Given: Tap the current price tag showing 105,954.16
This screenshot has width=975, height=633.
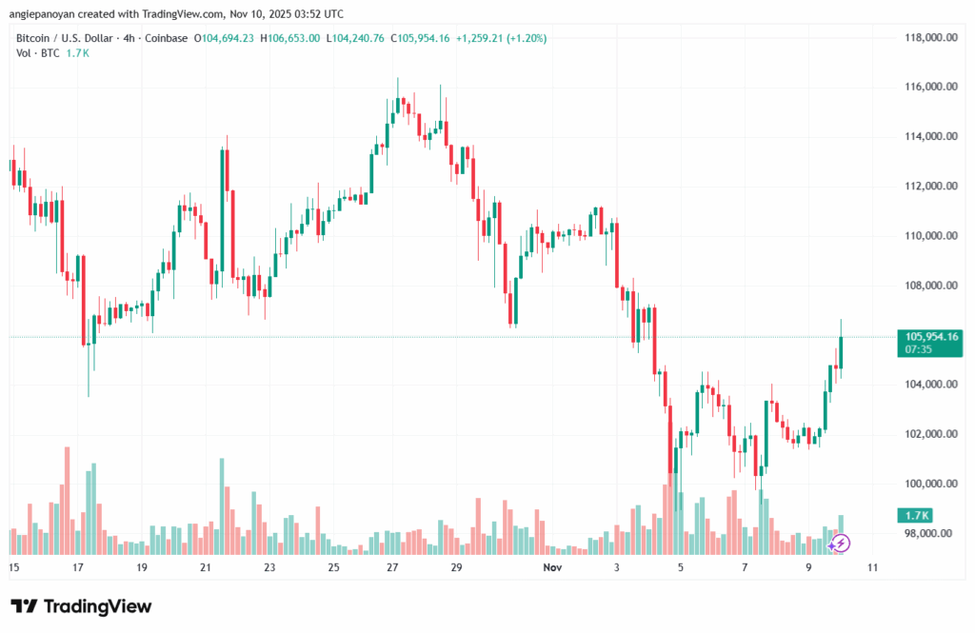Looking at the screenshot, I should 927,336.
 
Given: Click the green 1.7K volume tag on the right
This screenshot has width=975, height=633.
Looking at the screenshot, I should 920,515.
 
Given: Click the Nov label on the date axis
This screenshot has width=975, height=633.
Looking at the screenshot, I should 552,566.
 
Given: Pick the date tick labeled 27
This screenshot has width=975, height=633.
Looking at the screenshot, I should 393,566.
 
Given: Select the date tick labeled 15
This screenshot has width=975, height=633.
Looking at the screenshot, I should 14,566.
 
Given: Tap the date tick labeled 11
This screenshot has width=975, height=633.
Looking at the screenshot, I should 871,566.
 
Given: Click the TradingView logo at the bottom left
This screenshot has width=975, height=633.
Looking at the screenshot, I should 81,606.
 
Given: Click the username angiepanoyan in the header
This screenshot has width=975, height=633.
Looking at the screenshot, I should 49,14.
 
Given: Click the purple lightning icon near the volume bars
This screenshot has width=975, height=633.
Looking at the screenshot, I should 841,544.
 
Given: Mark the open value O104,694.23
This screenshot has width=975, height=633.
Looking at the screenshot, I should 226,38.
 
